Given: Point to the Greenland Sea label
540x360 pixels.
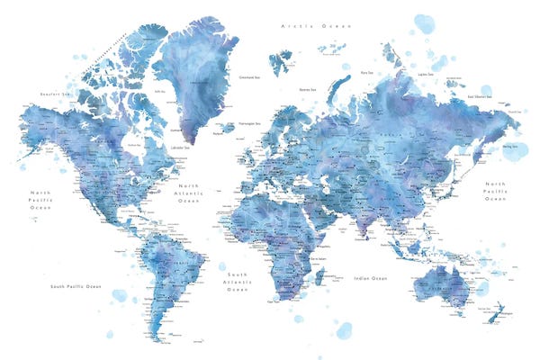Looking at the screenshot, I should [251, 76].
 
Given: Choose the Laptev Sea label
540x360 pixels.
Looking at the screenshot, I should [424, 76].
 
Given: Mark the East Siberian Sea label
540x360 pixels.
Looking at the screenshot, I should [480, 95].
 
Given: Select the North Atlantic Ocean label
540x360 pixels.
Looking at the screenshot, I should [189, 193].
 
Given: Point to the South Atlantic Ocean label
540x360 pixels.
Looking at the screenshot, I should [238, 281].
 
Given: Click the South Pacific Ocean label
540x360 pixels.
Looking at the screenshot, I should [76, 287].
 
